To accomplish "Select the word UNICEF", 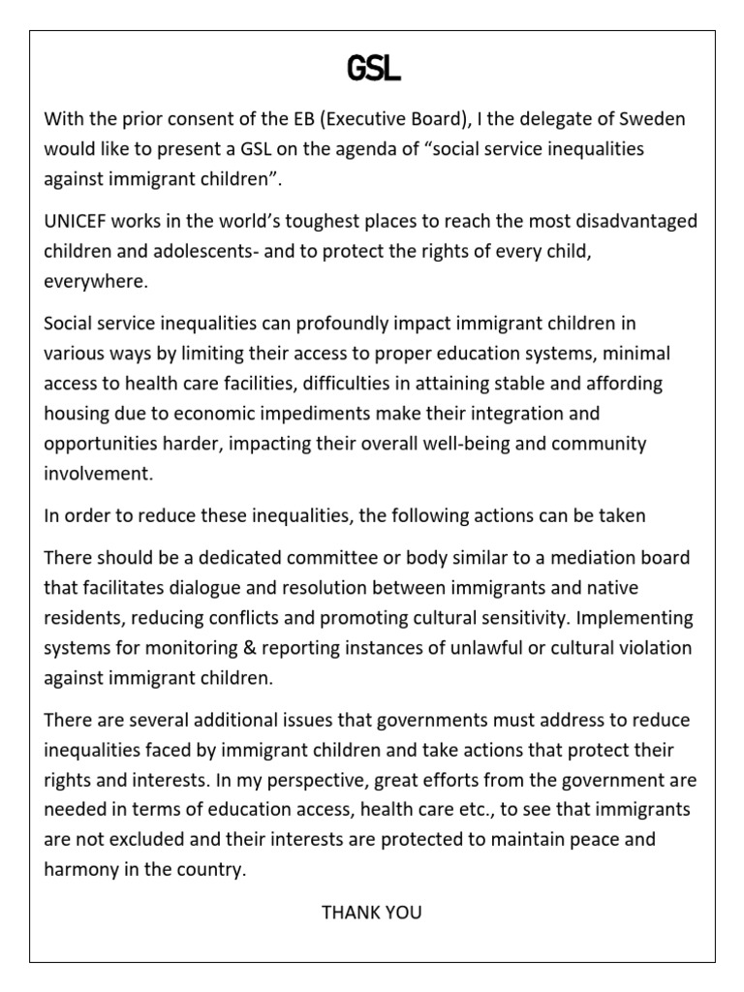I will click(77, 222).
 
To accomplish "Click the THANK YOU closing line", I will click(372, 913).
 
